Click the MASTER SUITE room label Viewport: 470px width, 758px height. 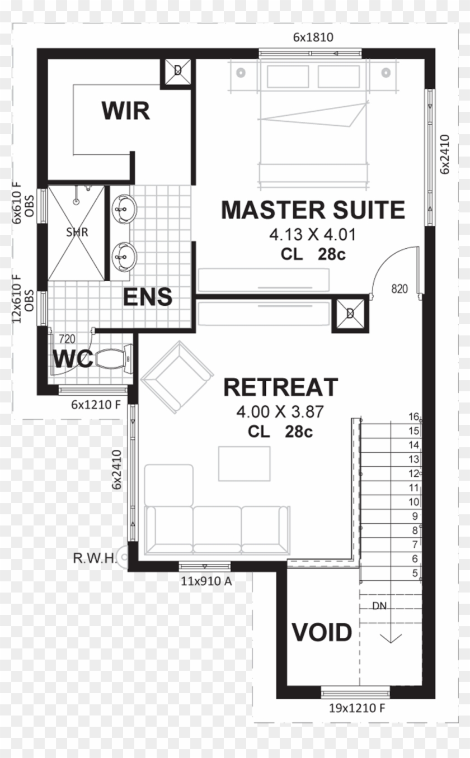[x=312, y=210]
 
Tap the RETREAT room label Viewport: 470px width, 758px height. [x=280, y=387]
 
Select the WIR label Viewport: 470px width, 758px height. [x=125, y=111]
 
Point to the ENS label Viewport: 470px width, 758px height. [x=148, y=297]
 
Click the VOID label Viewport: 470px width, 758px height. [x=322, y=633]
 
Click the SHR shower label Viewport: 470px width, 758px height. [x=77, y=233]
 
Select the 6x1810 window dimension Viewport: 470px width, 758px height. [x=313, y=37]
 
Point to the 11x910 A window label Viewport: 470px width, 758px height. [x=206, y=581]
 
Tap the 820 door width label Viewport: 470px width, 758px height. [x=399, y=289]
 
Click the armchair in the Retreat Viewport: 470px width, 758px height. [x=177, y=377]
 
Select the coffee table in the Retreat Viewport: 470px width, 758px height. [x=244, y=463]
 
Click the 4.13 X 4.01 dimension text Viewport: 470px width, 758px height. [x=312, y=234]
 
